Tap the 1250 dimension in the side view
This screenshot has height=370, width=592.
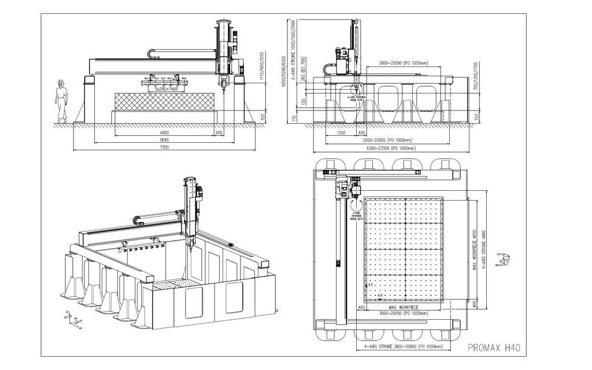(x=341, y=132)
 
